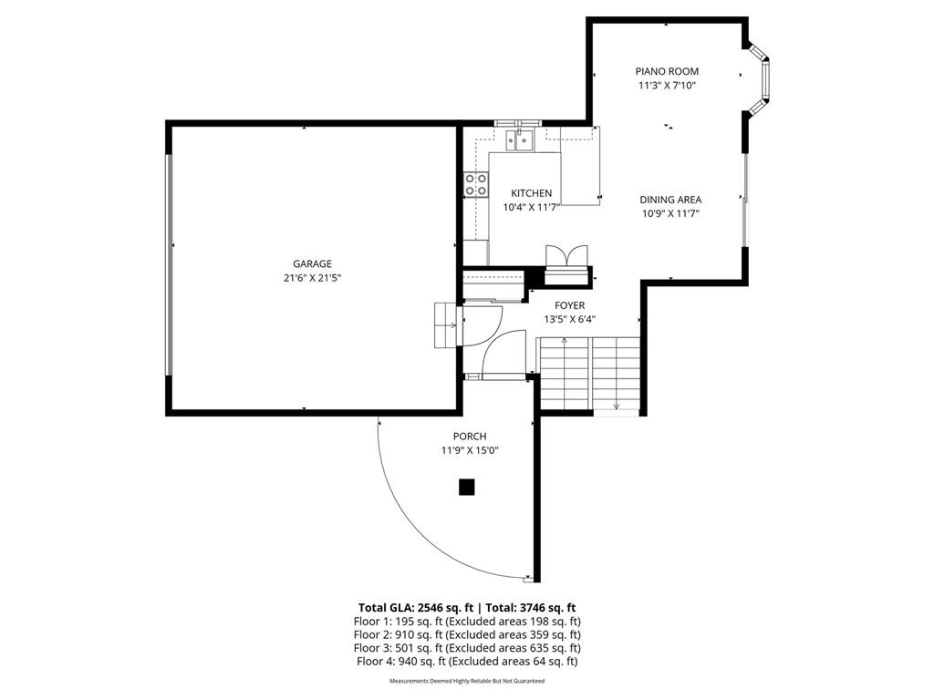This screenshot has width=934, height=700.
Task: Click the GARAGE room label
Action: [312, 263]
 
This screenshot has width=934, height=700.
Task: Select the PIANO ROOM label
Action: [668, 71]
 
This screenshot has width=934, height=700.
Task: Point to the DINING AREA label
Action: [669, 200]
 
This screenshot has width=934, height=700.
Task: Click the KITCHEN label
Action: [531, 193]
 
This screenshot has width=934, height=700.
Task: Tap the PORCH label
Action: [470, 437]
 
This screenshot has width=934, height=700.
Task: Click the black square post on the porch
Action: [467, 488]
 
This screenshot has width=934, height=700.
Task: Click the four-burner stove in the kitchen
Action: [475, 185]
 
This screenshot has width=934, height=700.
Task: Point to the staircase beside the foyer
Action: [590, 374]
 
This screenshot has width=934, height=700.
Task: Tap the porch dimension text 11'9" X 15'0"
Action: [470, 450]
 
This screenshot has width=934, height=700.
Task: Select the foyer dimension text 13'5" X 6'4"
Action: [570, 319]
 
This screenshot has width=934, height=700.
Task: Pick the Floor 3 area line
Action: [467, 648]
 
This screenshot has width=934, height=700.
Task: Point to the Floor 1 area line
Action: [467, 621]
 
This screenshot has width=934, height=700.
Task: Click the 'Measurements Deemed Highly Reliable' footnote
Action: [467, 681]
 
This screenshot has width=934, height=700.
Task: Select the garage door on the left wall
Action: [168, 264]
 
